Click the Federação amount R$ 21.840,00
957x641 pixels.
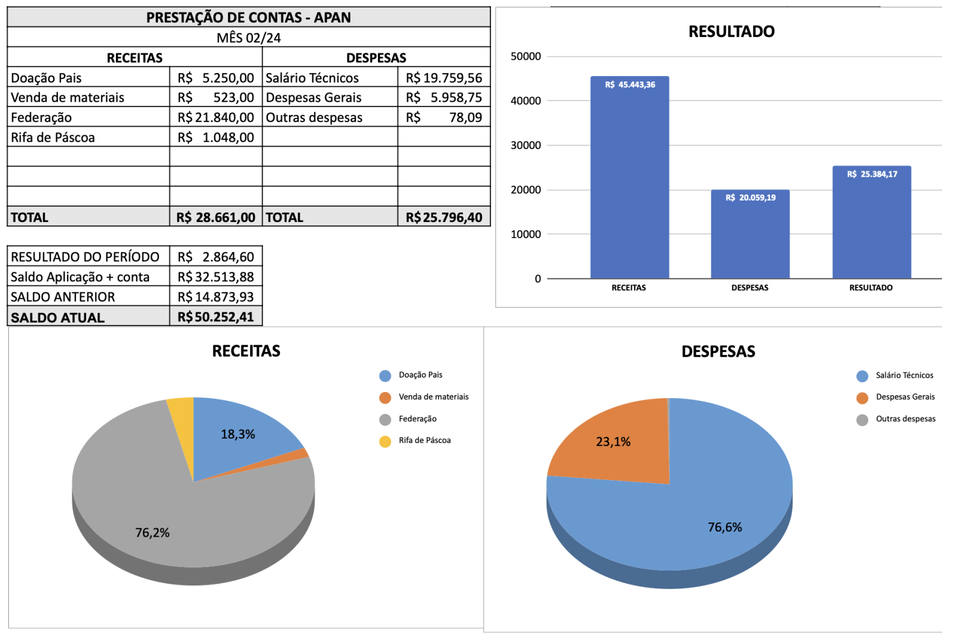point(216,117)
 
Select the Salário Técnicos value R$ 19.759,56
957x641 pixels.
point(444,78)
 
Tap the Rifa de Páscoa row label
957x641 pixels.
point(53,138)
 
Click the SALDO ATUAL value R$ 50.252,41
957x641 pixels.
point(216,317)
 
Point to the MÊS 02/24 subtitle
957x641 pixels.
point(248,38)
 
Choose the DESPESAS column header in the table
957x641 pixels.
point(376,58)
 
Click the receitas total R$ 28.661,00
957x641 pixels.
point(216,217)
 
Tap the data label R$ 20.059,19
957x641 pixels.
point(750,198)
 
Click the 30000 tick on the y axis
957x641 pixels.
point(525,145)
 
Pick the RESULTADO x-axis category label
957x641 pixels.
point(870,288)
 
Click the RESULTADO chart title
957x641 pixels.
point(731,32)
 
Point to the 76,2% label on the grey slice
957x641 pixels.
point(153,533)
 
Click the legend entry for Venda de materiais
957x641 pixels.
point(433,397)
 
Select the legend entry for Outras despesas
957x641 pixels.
point(905,419)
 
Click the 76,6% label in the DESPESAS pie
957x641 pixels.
point(724,527)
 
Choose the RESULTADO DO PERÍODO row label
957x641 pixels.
point(85,257)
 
